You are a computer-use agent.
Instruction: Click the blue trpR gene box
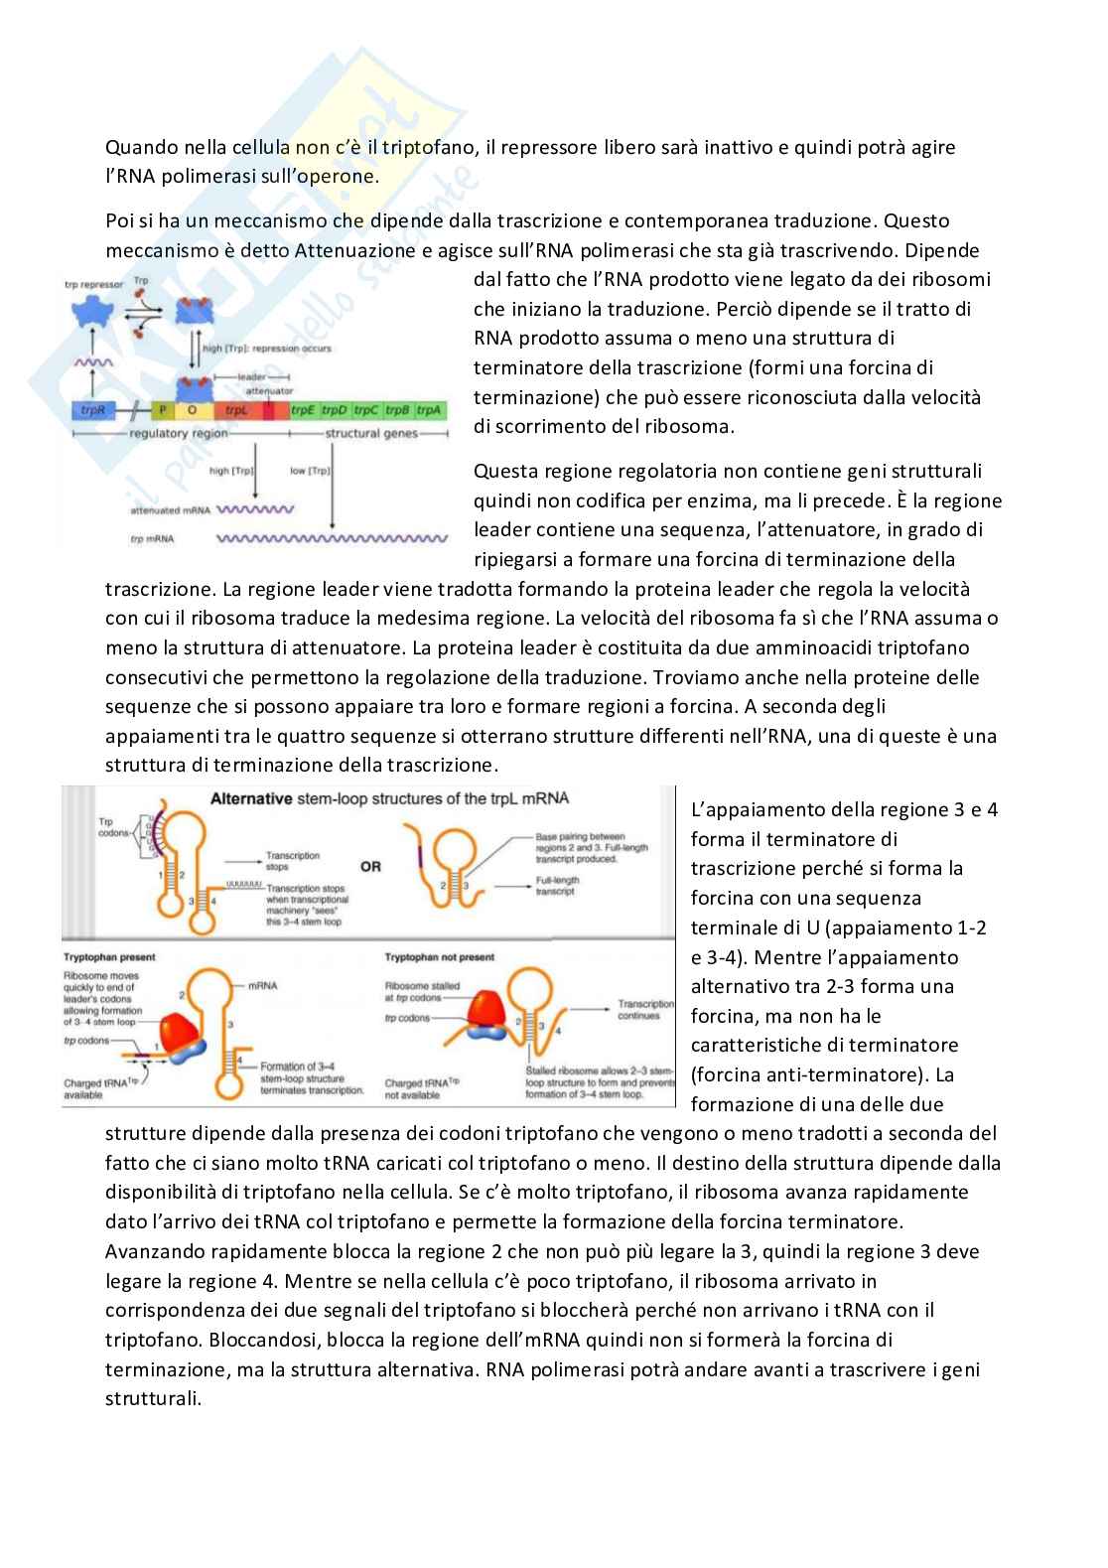click(x=94, y=410)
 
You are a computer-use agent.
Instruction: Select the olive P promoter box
click(x=163, y=410)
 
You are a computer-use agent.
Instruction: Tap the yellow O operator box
click(x=192, y=410)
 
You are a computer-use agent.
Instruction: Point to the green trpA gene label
click(x=429, y=410)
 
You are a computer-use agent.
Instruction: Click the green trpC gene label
click(x=365, y=410)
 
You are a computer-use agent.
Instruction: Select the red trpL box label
click(x=236, y=410)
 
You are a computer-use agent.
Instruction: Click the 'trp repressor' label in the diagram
click(x=93, y=284)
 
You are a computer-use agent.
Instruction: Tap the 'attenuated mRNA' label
click(x=170, y=510)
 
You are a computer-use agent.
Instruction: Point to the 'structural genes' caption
click(x=371, y=434)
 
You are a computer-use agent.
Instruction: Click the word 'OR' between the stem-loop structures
click(x=370, y=867)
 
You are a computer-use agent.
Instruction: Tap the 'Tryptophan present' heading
click(x=109, y=957)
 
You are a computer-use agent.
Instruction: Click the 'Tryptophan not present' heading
click(x=438, y=957)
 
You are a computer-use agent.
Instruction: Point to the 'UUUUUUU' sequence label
click(x=243, y=883)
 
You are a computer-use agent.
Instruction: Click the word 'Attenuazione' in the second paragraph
click(x=354, y=250)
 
